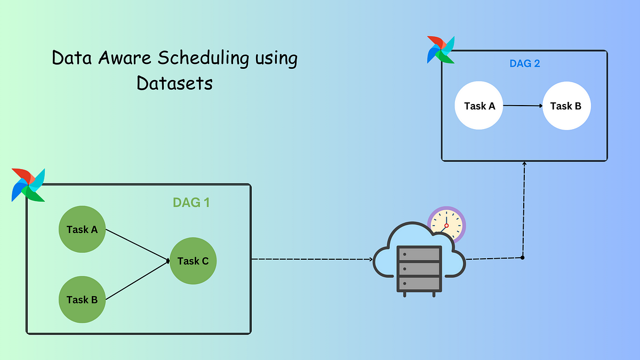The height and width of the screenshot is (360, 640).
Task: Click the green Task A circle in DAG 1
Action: coord(82,230)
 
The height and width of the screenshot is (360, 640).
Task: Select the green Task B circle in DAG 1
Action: coord(82,299)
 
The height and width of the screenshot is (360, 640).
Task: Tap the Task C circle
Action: coord(193,261)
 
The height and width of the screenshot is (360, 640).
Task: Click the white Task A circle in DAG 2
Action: coord(479,106)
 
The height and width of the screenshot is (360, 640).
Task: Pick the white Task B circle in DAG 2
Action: coord(566,106)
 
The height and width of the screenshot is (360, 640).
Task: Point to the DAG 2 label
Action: coord(524,63)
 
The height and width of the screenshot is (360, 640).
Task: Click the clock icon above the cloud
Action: coord(446,225)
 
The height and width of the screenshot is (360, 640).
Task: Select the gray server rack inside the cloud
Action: coord(419,270)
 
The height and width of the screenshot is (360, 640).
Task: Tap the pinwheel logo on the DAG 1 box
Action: coord(28,185)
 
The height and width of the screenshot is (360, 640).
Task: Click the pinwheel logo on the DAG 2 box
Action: coord(441,50)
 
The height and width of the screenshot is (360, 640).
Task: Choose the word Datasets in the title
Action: coord(174,83)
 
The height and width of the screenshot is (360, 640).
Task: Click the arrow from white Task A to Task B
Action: coord(523,106)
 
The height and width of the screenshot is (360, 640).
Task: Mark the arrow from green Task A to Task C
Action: coord(138,245)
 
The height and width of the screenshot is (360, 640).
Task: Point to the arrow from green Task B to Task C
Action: coord(138,281)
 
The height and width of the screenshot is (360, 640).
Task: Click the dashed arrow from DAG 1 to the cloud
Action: coord(312,259)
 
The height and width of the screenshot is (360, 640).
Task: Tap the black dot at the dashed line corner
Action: coord(523,258)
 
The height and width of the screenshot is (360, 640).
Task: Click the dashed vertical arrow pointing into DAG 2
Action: coord(524,208)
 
